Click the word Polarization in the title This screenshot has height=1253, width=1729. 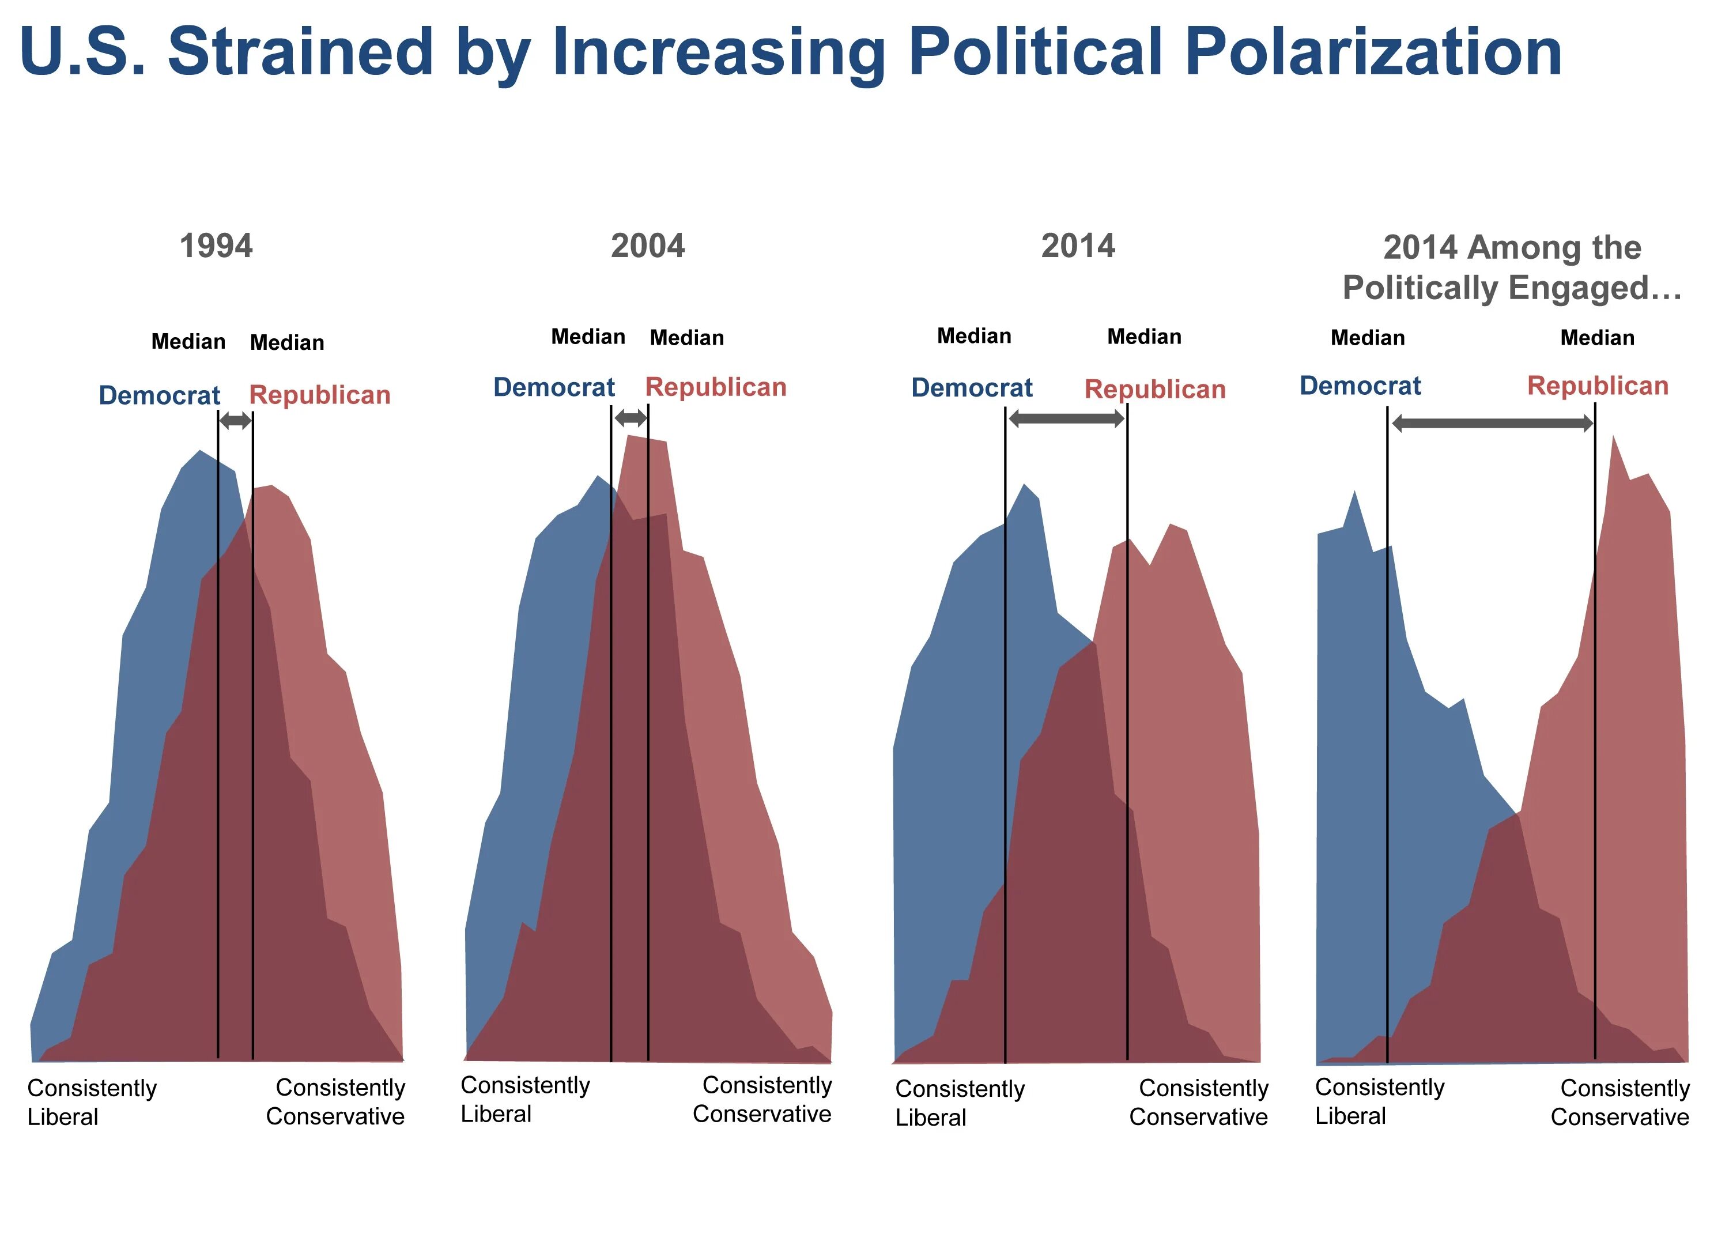[x=1373, y=52]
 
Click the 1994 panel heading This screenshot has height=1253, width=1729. [x=216, y=246]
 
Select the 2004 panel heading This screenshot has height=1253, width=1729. [x=647, y=246]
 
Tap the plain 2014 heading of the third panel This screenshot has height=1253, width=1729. [x=1078, y=246]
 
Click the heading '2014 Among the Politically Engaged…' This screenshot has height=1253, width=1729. [x=1512, y=267]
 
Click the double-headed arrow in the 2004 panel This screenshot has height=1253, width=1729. [x=631, y=418]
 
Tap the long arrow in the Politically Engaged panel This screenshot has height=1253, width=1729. [x=1492, y=424]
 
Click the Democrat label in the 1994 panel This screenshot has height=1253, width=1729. [x=159, y=395]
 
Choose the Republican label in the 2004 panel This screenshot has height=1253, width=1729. [x=716, y=387]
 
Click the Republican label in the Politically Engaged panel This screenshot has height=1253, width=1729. [x=1598, y=386]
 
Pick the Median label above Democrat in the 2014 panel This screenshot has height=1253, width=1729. [x=973, y=336]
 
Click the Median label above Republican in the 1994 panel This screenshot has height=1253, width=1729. [x=286, y=343]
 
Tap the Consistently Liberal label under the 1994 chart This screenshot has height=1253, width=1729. [x=92, y=1102]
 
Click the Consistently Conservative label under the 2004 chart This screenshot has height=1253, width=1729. [x=762, y=1099]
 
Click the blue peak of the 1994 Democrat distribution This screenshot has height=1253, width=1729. [x=200, y=457]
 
